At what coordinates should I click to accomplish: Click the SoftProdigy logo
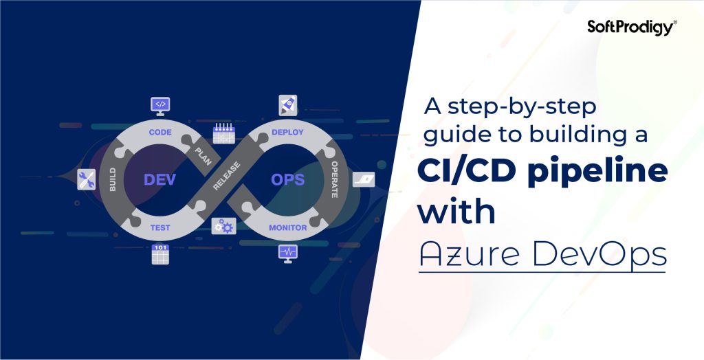(632, 26)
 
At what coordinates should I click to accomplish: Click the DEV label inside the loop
(159, 179)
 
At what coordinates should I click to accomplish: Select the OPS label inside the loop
(287, 179)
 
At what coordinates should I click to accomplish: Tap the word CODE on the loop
(159, 131)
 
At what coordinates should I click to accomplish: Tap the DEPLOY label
(287, 131)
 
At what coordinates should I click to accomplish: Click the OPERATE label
(335, 180)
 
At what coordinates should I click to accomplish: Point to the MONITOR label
(287, 227)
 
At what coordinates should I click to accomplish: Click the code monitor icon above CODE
(160, 105)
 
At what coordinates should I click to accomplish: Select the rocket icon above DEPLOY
(287, 105)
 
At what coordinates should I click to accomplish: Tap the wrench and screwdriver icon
(87, 180)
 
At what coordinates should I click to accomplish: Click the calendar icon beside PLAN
(223, 133)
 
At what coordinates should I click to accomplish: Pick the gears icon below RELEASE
(223, 226)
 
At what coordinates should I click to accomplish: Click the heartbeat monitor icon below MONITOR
(287, 253)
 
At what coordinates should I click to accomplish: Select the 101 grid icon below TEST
(160, 254)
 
